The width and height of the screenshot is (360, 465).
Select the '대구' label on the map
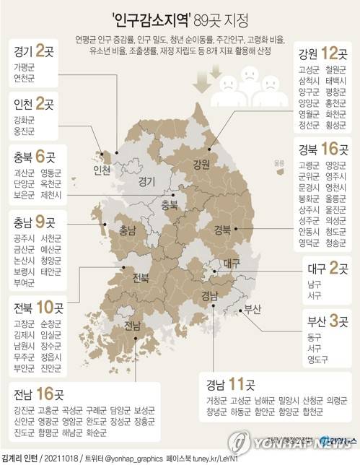click(x=232, y=264)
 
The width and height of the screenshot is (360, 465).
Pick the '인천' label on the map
click(x=102, y=171)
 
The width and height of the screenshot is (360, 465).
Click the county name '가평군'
click(x=27, y=67)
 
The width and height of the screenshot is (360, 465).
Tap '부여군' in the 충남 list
click(x=27, y=284)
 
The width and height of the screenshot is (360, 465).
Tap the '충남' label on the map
click(x=127, y=231)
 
